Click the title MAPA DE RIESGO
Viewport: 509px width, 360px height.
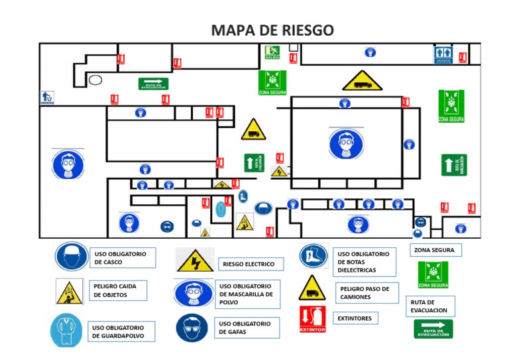[x=272, y=30]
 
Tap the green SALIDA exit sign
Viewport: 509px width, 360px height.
[x=272, y=52]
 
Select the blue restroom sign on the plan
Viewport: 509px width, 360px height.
[x=443, y=55]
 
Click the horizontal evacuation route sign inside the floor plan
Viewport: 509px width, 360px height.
[x=153, y=84]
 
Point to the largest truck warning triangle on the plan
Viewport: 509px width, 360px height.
[x=362, y=82]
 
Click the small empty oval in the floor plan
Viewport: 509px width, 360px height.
[x=95, y=80]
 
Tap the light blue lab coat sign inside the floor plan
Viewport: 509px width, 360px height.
[x=221, y=210]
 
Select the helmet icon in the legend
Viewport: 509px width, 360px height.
[x=71, y=257]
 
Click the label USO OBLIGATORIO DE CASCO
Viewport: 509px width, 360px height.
[x=123, y=258]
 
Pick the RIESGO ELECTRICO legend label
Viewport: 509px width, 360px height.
[x=251, y=264]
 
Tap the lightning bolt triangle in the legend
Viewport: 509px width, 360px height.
[x=195, y=261]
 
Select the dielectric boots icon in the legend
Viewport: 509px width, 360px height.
[x=313, y=256]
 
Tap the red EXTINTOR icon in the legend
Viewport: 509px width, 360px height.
[x=312, y=319]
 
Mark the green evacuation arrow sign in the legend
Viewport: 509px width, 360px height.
[x=433, y=329]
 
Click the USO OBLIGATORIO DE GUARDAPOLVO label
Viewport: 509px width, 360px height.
[x=122, y=331]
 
